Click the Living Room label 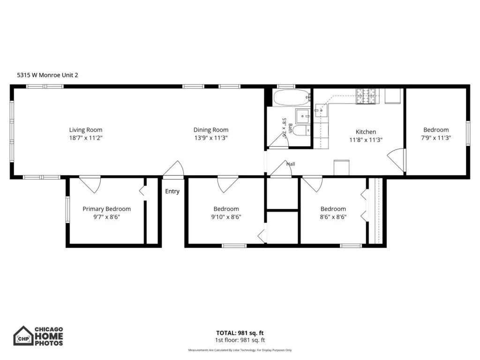point(86,130)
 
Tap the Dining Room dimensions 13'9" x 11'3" point(211,138)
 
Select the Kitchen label point(366,132)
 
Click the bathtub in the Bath point(292,97)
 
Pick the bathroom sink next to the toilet point(303,116)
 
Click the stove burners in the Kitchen point(366,96)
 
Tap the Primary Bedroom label point(106,209)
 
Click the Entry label point(172,191)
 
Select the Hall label point(291,164)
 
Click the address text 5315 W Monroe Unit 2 point(47,75)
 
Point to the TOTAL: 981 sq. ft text point(240,333)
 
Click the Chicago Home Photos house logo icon point(23,336)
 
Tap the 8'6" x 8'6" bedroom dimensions point(333,217)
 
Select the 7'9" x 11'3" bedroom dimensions point(436,138)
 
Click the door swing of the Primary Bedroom point(90,184)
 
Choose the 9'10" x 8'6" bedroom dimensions point(226,217)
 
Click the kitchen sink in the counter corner point(321,110)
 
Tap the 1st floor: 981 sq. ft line point(240,340)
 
